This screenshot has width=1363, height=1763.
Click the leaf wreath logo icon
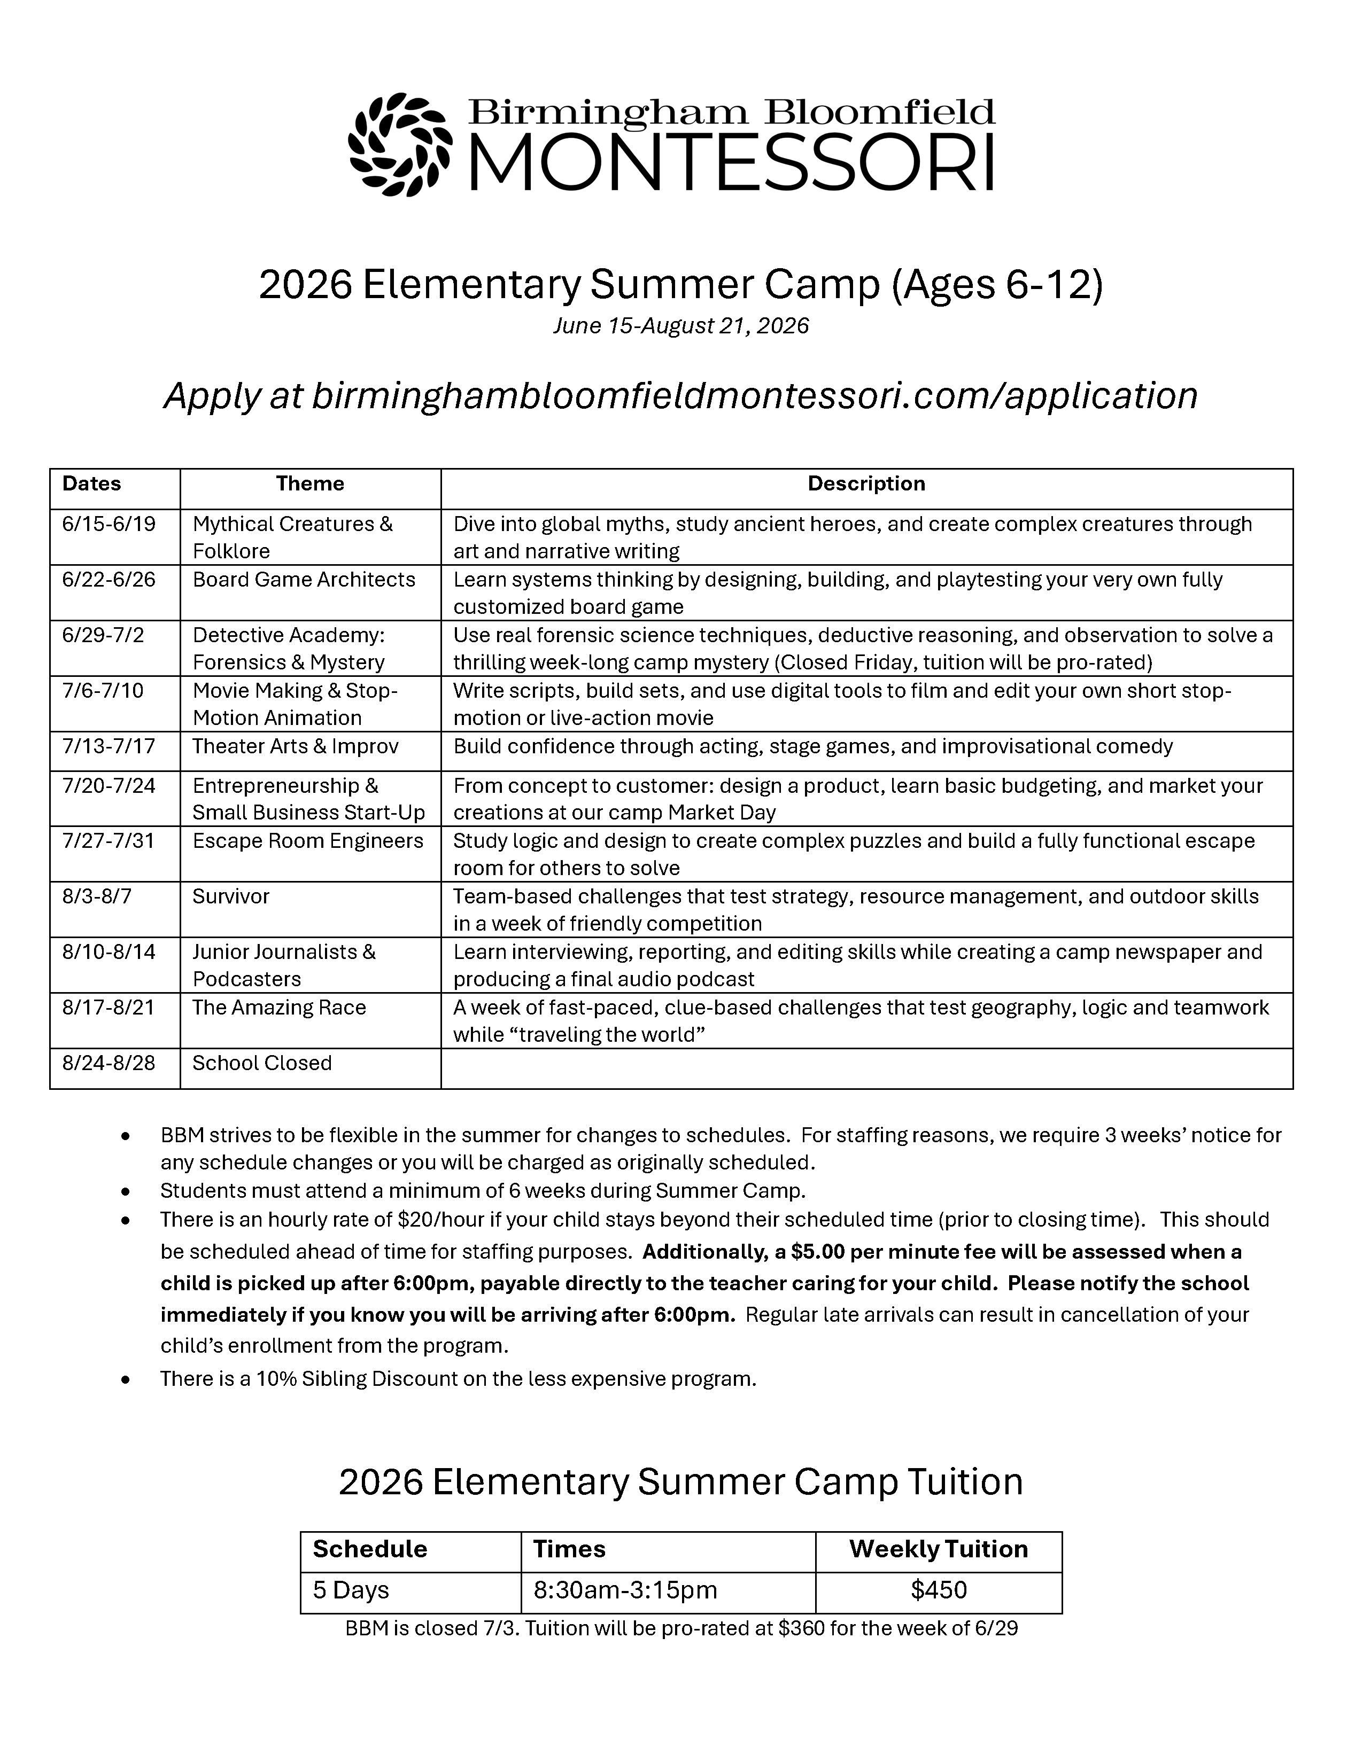tap(400, 145)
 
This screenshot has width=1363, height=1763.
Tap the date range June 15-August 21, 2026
tap(680, 325)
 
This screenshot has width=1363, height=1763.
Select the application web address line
tap(680, 395)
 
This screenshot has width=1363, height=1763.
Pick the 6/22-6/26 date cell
tap(109, 580)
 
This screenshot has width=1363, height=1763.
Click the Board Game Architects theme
tap(304, 580)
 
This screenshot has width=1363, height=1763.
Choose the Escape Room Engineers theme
tap(308, 841)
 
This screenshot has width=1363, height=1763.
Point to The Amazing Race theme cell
tap(280, 1008)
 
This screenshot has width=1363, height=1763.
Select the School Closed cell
tap(262, 1063)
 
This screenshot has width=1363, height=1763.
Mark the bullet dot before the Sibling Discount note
tap(125, 1379)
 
